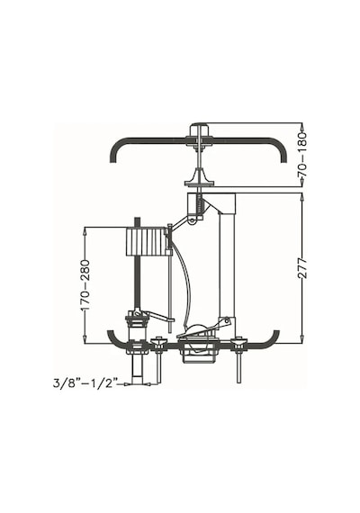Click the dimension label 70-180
pos(303,155)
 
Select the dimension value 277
pos(303,268)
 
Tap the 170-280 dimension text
pos(85,285)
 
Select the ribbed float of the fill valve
pos(145,241)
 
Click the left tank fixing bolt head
pos(158,342)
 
